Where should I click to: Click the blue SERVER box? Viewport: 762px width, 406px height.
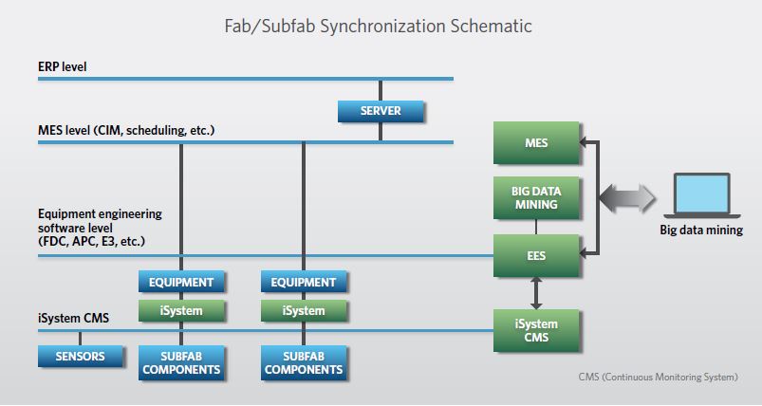(x=381, y=111)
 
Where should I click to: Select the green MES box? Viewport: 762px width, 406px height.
(x=536, y=143)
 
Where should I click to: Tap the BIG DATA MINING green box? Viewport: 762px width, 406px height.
(x=536, y=197)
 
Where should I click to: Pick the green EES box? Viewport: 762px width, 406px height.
(x=536, y=255)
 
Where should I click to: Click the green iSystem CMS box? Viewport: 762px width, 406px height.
(x=536, y=330)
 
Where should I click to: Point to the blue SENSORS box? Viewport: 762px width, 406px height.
(x=80, y=356)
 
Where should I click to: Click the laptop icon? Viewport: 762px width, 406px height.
(x=702, y=195)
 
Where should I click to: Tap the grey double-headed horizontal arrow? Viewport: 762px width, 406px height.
(x=627, y=198)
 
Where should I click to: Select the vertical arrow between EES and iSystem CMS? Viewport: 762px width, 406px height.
(x=536, y=293)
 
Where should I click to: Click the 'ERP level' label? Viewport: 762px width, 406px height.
(x=63, y=66)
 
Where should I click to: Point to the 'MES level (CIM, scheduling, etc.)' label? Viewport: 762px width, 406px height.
(x=126, y=130)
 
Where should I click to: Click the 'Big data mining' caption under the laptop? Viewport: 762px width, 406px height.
(x=701, y=230)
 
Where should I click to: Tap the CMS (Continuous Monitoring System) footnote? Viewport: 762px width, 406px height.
(x=658, y=377)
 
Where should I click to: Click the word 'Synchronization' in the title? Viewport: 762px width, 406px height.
(x=382, y=26)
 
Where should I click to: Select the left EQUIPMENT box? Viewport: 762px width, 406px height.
(x=181, y=282)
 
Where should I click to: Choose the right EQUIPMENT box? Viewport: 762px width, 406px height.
(x=304, y=282)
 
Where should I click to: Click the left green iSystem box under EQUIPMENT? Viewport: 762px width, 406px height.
(x=181, y=311)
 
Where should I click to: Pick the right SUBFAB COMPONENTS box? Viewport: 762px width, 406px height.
(x=304, y=362)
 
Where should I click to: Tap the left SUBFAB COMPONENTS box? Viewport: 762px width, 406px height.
(x=181, y=362)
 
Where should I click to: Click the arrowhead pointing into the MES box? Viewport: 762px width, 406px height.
(x=584, y=142)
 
